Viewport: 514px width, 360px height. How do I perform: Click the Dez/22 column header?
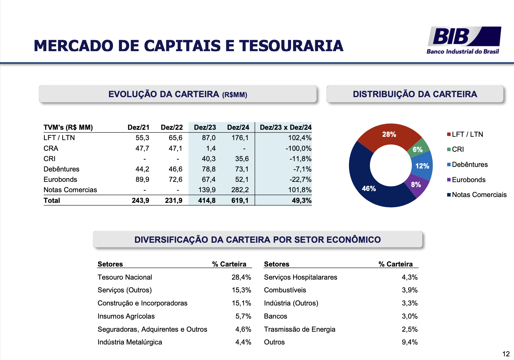click(172, 127)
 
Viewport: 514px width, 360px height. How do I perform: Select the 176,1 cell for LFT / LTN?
click(240, 138)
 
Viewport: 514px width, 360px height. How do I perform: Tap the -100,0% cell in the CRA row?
click(298, 148)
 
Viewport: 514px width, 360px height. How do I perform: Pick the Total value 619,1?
click(240, 200)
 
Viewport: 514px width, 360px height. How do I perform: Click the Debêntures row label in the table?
click(62, 169)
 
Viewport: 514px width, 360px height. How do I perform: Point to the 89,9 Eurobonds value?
click(142, 179)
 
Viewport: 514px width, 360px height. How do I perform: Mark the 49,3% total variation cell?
click(301, 200)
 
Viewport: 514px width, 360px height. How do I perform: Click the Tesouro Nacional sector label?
click(125, 277)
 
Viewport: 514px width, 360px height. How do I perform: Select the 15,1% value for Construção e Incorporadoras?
click(241, 303)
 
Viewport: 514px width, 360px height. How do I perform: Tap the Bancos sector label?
click(276, 316)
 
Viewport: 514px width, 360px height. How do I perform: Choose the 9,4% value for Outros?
click(410, 342)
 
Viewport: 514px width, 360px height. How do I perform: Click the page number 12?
click(506, 354)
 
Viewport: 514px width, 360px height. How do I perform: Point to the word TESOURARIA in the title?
click(291, 46)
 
